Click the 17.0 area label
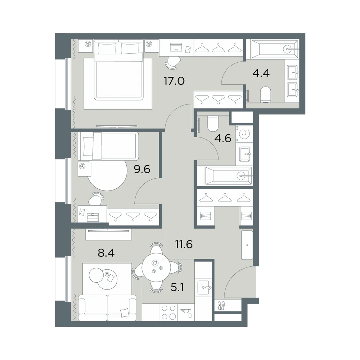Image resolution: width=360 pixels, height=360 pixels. [174, 81]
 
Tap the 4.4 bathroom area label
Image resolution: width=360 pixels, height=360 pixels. [261, 73]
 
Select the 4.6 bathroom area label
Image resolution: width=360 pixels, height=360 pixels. [223, 139]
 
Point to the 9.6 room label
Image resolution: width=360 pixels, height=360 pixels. [142, 170]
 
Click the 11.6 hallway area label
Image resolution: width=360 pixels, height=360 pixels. [184, 244]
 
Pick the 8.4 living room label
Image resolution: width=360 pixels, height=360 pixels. [106, 253]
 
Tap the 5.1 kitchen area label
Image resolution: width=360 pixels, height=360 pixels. [177, 287]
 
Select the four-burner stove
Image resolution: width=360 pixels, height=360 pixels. [169, 312]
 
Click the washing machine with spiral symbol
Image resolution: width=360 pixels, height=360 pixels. [244, 134]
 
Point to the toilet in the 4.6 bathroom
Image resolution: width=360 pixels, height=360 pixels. [212, 123]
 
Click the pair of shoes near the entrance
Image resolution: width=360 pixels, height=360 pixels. [221, 306]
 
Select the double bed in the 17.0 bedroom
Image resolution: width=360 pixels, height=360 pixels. [119, 70]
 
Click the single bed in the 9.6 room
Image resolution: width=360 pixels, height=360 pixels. [108, 146]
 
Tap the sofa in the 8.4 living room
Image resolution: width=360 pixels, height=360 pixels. [107, 308]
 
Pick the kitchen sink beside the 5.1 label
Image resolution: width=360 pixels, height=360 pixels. [203, 287]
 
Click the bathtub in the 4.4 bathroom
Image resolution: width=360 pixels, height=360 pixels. [275, 49]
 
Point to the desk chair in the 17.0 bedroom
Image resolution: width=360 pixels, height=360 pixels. [173, 63]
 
